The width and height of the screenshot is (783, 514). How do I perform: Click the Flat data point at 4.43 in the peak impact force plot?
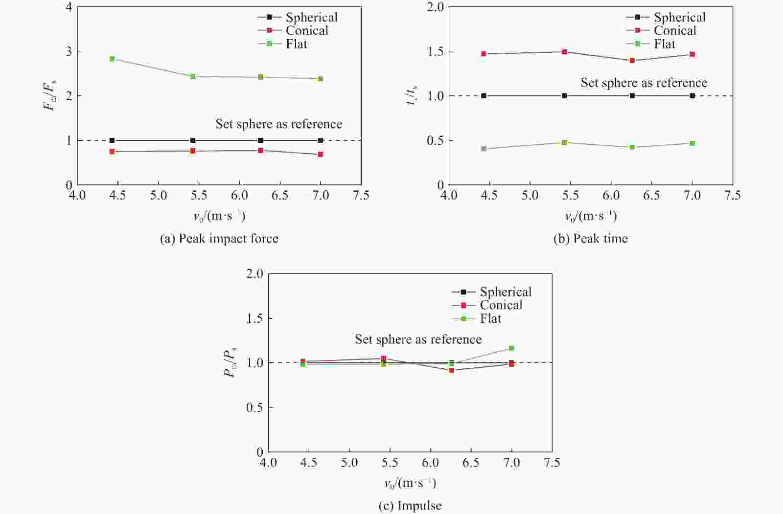112,59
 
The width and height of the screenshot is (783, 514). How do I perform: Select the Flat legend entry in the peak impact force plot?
296,44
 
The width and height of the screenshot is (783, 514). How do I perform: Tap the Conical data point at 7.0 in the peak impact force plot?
321,155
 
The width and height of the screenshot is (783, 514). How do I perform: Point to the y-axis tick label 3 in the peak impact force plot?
69,51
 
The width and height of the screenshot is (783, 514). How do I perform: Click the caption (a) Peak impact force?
219,239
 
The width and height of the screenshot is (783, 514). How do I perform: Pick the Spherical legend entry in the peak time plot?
679,18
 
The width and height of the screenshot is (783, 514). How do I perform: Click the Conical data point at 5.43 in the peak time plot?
564,52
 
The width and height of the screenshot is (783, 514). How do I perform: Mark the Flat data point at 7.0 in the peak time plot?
692,143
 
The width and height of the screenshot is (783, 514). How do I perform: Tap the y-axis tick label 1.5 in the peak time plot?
435,52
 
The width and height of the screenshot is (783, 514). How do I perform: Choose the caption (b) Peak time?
590,239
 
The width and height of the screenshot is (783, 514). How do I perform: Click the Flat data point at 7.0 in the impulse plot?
511,348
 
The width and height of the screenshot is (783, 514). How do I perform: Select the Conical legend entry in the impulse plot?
501,305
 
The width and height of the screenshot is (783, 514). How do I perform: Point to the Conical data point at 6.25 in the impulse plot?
452,370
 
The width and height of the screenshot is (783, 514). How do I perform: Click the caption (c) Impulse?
410,506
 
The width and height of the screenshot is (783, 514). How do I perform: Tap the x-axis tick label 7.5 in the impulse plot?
552,463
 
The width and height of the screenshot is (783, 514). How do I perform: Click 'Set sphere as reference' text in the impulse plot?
418,339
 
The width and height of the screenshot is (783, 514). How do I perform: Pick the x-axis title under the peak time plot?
590,216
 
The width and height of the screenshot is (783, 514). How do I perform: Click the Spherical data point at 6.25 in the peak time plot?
632,96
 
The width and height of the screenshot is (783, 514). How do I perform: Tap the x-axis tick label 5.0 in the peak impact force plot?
159,196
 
